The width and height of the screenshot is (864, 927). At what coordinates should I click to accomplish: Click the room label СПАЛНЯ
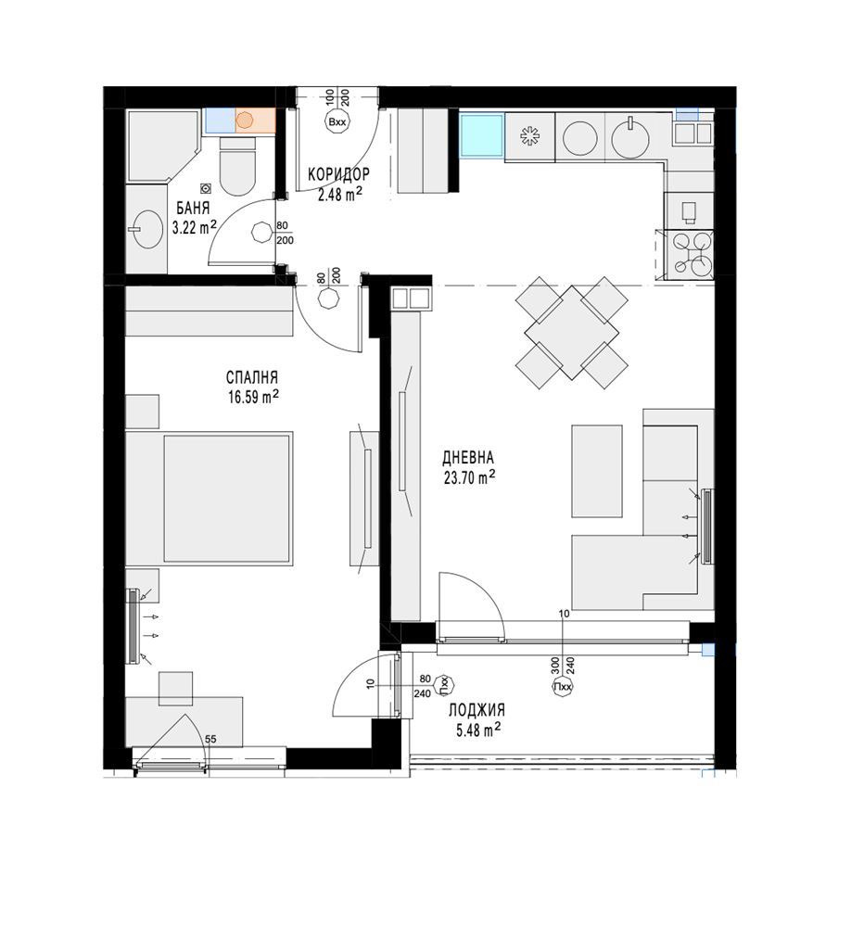coord(252,378)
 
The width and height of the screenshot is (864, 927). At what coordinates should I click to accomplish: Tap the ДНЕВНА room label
coord(468,457)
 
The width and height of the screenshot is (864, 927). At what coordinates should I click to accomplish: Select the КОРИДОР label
coord(338,174)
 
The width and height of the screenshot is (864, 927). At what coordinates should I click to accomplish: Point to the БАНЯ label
coord(190,209)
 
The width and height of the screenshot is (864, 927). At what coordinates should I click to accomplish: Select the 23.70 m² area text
coord(468,477)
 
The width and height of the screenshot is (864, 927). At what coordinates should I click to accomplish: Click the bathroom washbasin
coord(146,227)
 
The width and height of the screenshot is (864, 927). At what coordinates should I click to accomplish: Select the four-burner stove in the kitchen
coord(692,254)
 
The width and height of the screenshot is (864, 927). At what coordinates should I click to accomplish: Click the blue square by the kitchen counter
coord(482,137)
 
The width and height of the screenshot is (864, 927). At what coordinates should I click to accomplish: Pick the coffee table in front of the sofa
coord(596,471)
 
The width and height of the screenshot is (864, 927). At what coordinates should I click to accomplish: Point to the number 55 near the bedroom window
coord(210,739)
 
